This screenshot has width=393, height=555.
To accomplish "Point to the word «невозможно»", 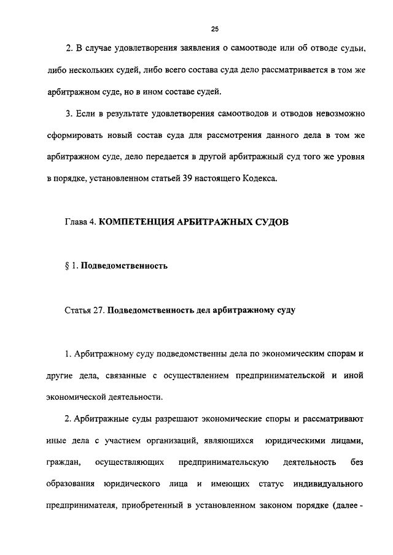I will (x=335, y=115).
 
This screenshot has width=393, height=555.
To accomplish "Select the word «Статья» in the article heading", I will (x=77, y=310).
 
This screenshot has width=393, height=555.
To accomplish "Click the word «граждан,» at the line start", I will (x=63, y=462).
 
